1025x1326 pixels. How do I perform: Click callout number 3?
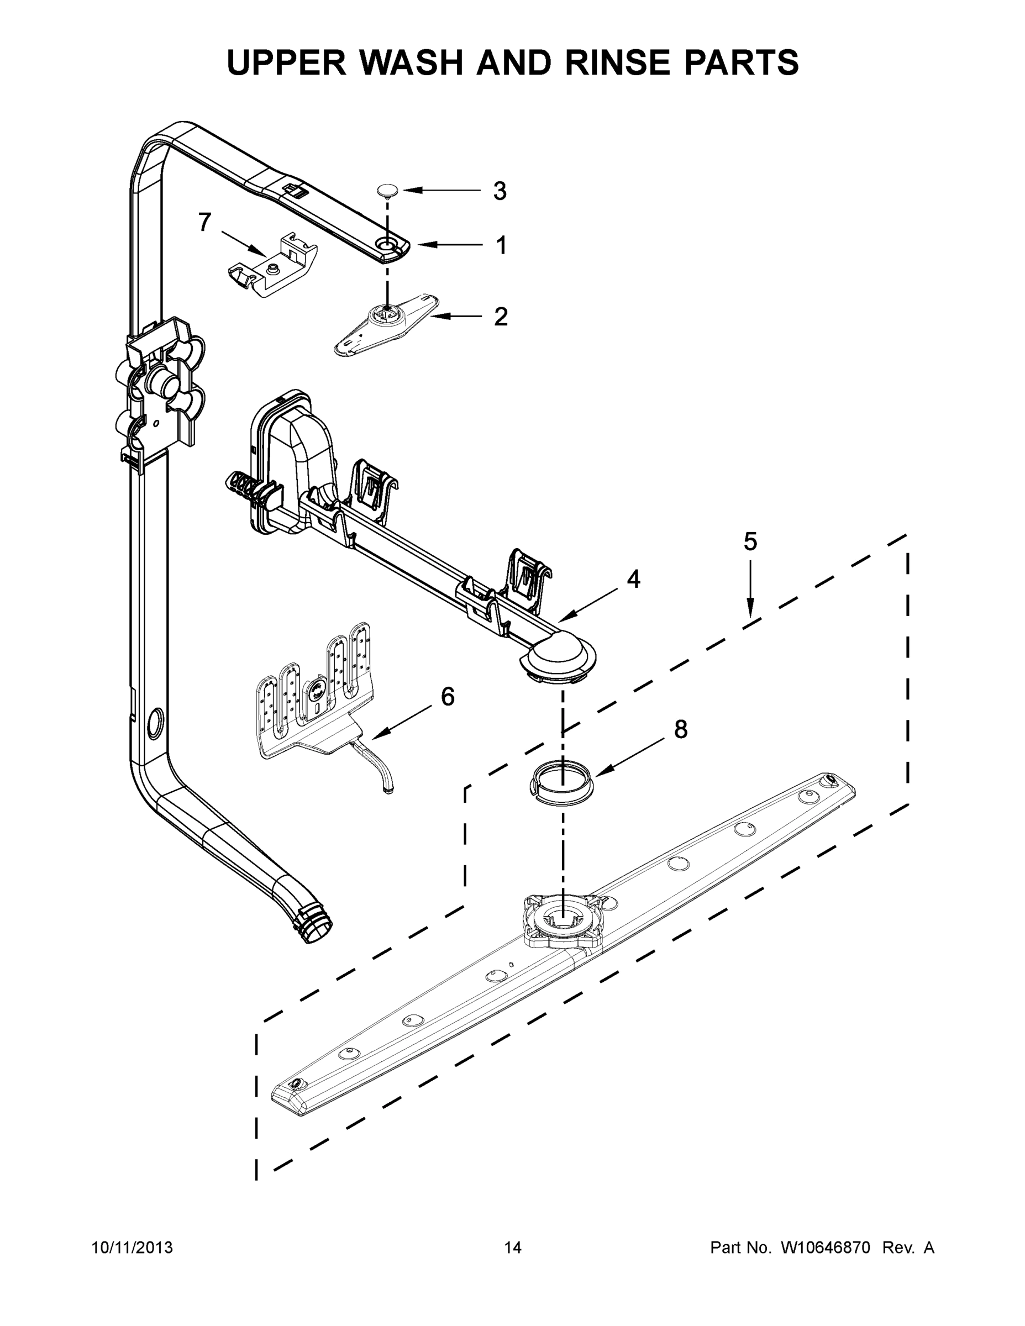click(x=499, y=191)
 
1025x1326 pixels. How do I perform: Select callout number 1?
click(x=501, y=245)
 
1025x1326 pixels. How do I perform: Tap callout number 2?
click(x=501, y=317)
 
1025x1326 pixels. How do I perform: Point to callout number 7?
click(x=205, y=222)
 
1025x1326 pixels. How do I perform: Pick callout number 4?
click(x=633, y=579)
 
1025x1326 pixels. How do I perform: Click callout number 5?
click(x=750, y=541)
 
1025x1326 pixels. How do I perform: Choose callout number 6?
click(x=448, y=696)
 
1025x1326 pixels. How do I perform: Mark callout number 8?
click(x=681, y=729)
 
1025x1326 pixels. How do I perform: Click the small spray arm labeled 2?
click(x=386, y=321)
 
